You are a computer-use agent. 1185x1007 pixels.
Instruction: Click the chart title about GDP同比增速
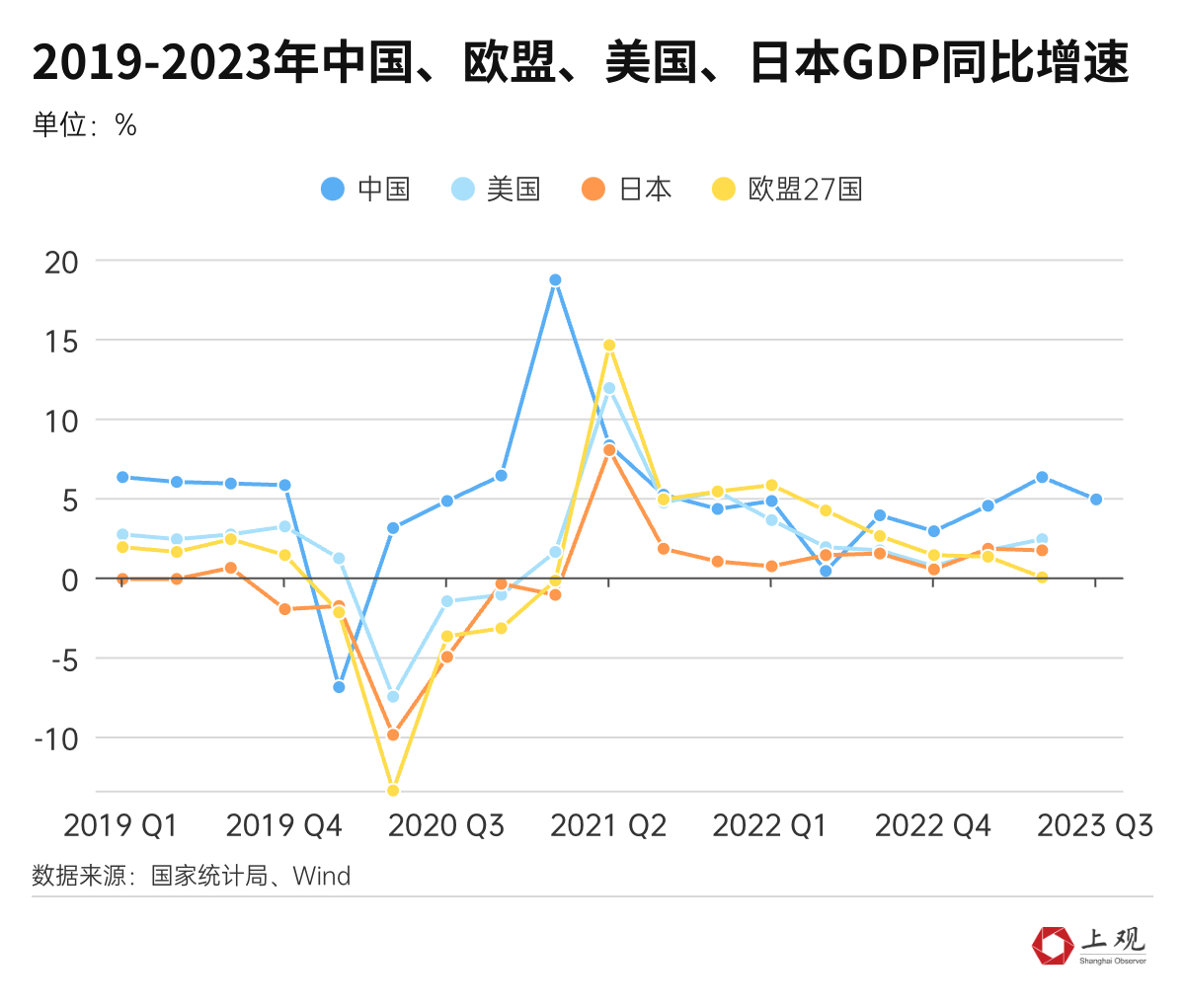[580, 64]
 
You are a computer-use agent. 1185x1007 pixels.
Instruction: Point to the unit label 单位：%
[84, 125]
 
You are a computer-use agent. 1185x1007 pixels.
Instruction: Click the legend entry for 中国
[366, 189]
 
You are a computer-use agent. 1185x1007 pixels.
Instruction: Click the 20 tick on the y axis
[61, 262]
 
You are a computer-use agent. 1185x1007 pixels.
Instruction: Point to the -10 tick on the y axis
[56, 738]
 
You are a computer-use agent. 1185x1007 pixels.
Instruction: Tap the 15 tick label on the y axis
[61, 342]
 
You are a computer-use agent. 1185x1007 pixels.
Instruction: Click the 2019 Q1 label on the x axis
[120, 825]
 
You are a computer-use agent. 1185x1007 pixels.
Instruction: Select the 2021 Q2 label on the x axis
[608, 825]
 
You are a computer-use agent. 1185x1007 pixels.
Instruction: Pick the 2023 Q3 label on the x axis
[1094, 825]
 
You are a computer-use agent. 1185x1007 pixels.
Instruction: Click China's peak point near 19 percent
[555, 280]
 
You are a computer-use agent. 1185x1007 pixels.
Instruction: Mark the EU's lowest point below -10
[393, 790]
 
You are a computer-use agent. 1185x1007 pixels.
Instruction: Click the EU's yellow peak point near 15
[609, 346]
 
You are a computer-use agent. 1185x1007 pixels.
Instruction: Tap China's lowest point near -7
[339, 687]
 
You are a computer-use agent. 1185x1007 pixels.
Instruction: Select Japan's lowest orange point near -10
[393, 735]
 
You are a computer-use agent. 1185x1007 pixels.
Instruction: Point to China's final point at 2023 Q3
[1095, 500]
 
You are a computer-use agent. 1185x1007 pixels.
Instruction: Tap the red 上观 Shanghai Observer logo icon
[1053, 945]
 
